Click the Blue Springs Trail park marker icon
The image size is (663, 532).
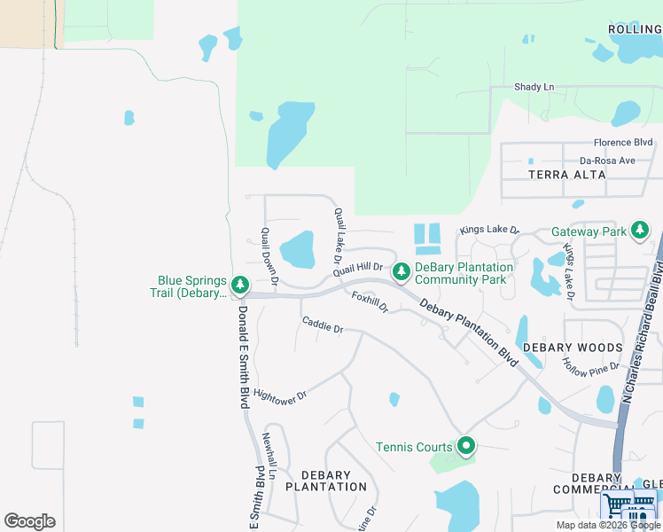(239, 286)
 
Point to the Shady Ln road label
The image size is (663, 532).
(534, 87)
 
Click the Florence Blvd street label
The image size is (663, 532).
(623, 142)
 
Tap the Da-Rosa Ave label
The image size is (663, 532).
(607, 160)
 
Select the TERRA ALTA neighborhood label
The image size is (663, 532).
(567, 175)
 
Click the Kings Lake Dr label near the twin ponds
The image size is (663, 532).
(487, 230)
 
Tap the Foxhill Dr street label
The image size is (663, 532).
(370, 301)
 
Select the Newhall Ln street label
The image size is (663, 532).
(269, 457)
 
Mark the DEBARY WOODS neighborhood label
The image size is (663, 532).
(572, 348)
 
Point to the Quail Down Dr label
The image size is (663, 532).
(269, 258)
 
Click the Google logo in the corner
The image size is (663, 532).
(29, 521)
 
